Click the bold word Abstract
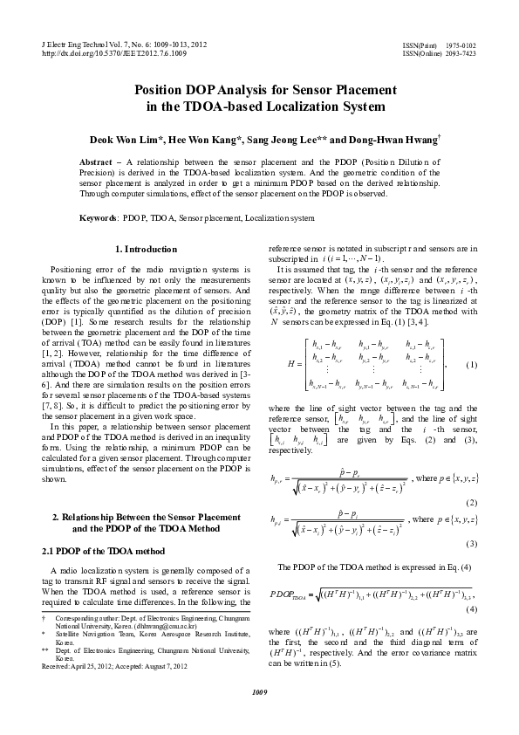[x=95, y=162]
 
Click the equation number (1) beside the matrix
[x=471, y=364]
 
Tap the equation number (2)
[x=471, y=503]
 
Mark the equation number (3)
[x=471, y=542]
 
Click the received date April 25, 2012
[x=94, y=666]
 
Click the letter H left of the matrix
[x=289, y=364]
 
